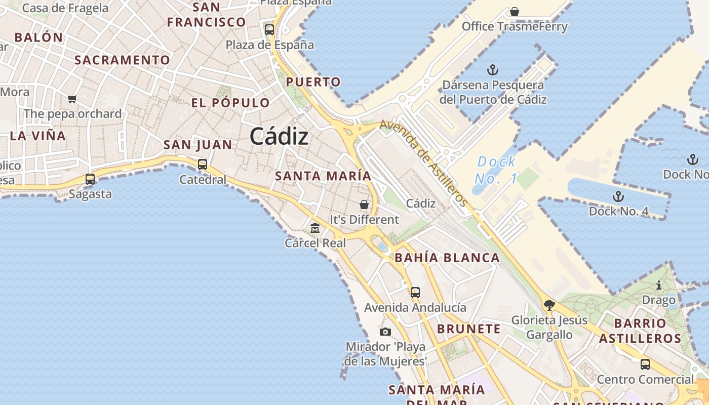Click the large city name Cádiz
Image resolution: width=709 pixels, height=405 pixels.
[x=279, y=136]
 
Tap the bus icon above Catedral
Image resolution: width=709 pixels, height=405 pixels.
[x=203, y=164]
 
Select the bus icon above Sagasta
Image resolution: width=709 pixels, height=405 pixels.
[x=90, y=179]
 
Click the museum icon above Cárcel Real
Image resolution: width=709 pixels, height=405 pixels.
[x=315, y=228]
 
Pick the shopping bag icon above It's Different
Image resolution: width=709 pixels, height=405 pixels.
[x=364, y=205]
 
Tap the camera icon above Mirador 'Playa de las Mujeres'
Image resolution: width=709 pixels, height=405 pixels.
[x=385, y=332]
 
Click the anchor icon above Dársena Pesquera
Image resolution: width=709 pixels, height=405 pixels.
[x=493, y=70]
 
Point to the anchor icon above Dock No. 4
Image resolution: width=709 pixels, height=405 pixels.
[x=618, y=196]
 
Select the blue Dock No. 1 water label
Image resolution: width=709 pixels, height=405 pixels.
[x=496, y=170]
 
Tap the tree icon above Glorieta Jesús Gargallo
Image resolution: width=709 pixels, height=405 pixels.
[x=549, y=305]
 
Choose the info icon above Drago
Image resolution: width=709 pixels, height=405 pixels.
[x=659, y=285]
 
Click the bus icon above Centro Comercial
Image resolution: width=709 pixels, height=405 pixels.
[x=645, y=364]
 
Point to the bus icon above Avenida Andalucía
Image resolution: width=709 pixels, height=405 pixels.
[x=415, y=292]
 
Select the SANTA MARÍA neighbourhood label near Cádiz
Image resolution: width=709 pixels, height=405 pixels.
[x=323, y=176]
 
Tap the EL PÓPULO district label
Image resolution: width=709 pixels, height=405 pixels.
[x=230, y=103]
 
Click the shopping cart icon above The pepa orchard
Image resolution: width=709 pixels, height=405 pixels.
[x=72, y=99]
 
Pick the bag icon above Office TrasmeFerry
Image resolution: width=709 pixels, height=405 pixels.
[x=515, y=11]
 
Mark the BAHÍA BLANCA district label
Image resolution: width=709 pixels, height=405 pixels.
[x=447, y=258]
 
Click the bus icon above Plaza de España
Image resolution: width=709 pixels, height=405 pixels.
[x=269, y=30]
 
